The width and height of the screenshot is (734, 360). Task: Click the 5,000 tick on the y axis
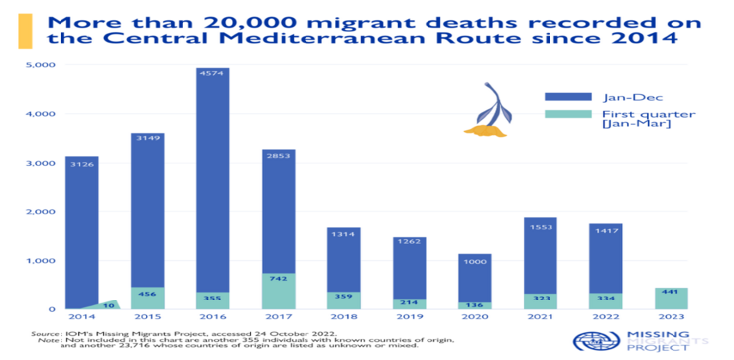pos(40,65)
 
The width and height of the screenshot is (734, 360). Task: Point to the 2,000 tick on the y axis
pos(40,212)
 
